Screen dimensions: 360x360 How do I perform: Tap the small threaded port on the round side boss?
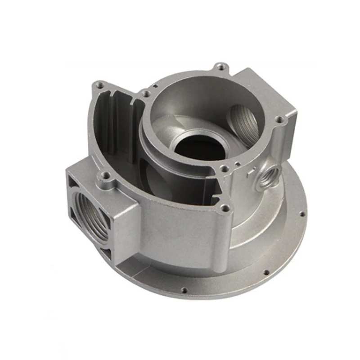[x=271, y=173]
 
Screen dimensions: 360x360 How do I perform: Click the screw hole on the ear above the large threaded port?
[x=105, y=176]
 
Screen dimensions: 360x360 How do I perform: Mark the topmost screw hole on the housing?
[x=220, y=67]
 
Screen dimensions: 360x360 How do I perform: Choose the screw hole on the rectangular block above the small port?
[x=279, y=120]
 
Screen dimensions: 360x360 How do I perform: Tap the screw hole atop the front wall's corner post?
[x=225, y=208]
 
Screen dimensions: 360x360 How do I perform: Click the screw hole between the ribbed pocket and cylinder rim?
[x=145, y=93]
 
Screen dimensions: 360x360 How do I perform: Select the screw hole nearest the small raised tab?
[x=223, y=169]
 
